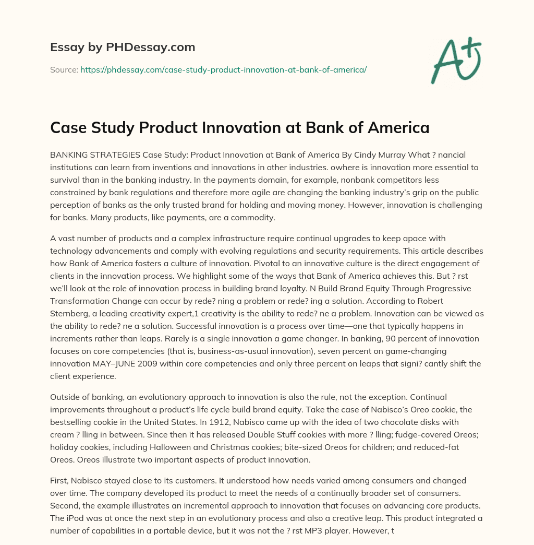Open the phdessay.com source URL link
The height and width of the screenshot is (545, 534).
tap(223, 69)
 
